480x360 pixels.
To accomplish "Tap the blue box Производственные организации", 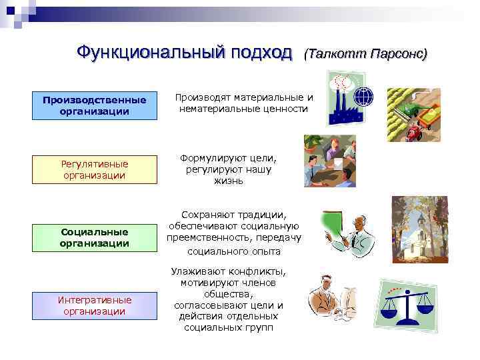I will click(x=95, y=105).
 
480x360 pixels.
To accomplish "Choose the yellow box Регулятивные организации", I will click(x=95, y=169).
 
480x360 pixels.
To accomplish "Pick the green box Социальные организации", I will click(x=95, y=237).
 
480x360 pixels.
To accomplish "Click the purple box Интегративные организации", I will click(x=95, y=305).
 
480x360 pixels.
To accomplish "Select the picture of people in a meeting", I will click(x=329, y=161).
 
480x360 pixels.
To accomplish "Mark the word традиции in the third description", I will click(x=261, y=215).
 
